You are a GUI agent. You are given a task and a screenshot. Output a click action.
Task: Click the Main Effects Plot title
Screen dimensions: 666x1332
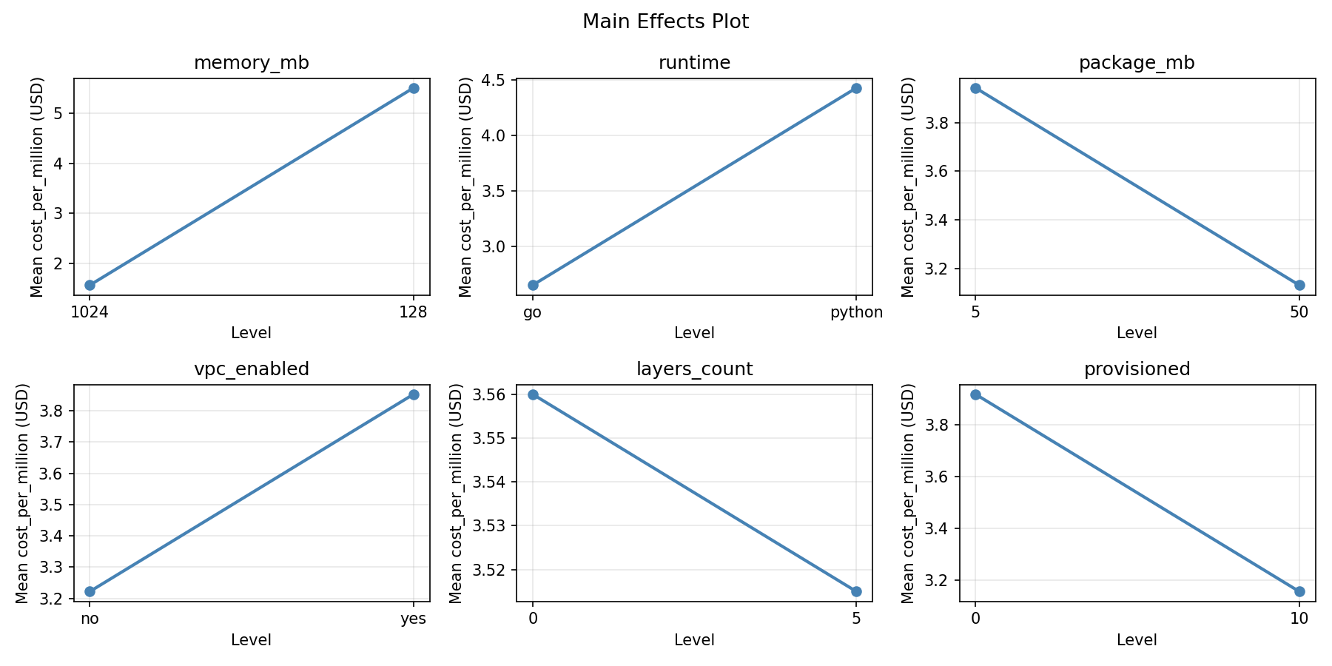(x=665, y=22)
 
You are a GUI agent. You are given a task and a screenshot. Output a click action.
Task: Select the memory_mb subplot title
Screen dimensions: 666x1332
(x=251, y=63)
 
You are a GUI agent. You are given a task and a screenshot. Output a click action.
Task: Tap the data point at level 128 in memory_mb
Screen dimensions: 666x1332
(x=414, y=88)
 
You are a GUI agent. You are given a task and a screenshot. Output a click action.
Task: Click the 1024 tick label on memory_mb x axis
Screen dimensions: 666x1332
(x=90, y=312)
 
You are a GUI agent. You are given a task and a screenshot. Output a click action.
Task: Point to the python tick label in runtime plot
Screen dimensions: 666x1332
(x=856, y=312)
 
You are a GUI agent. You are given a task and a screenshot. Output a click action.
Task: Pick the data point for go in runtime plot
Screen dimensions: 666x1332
(x=533, y=285)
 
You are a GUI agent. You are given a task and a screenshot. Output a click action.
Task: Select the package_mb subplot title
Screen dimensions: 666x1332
(x=1137, y=63)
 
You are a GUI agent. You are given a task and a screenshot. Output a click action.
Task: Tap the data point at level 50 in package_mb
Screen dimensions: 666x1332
(x=1299, y=285)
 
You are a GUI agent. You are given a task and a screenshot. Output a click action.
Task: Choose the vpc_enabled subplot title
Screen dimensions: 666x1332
(x=251, y=369)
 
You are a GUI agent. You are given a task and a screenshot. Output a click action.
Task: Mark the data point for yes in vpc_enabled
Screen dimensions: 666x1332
(x=414, y=394)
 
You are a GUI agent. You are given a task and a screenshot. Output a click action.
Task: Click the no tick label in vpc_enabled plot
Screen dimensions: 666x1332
(x=90, y=619)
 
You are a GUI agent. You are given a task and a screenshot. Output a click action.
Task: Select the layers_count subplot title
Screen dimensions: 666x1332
(x=694, y=369)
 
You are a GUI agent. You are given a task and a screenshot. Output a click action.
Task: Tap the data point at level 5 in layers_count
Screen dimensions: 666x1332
(x=856, y=591)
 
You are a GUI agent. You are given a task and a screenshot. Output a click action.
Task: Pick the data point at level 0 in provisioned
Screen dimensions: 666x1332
(x=975, y=394)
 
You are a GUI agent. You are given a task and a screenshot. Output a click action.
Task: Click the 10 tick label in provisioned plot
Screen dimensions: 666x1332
(x=1299, y=619)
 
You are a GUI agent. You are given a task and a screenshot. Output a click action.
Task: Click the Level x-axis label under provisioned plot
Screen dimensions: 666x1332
(x=1137, y=640)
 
